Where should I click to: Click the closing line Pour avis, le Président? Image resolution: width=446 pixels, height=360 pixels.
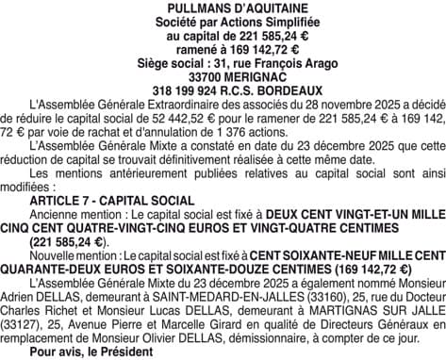pos(91,354)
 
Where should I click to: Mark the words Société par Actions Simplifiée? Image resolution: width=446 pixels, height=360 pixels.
pos(223,22)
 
